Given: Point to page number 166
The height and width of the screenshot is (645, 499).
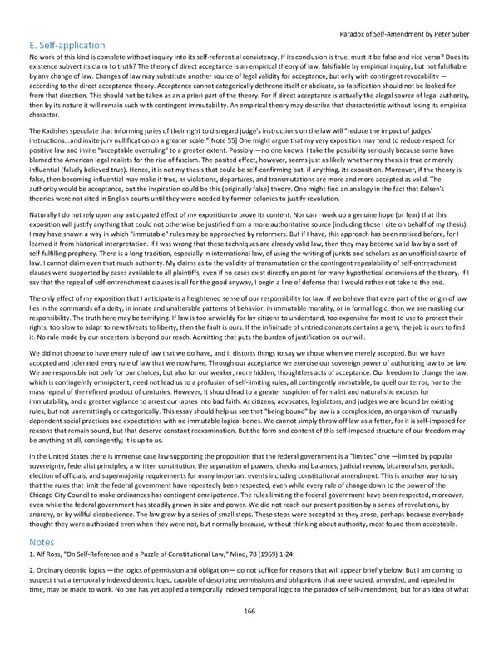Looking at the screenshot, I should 249,610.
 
